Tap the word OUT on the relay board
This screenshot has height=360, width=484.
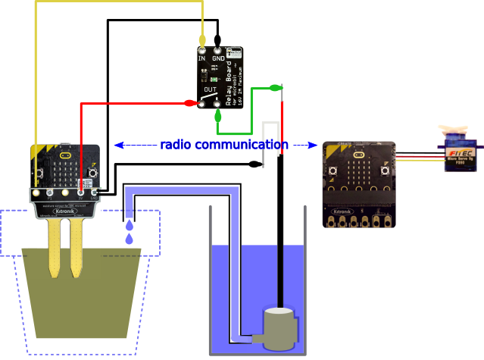210,89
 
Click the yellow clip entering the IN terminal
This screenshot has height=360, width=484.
202,39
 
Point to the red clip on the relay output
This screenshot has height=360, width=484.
190,102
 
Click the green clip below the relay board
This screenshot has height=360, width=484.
218,116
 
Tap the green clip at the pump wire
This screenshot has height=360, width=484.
275,89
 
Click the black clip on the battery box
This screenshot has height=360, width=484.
254,163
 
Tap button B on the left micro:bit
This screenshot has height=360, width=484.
92,173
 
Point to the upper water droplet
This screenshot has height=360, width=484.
130,225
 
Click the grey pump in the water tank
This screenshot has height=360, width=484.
278,328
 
